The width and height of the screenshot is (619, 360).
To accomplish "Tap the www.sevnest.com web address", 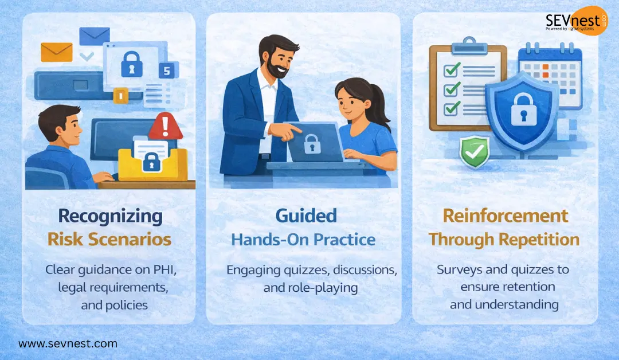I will pyautogui.click(x=68, y=344).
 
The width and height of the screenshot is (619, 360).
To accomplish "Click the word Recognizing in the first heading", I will pyautogui.click(x=111, y=216).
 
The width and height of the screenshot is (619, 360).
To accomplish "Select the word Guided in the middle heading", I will pyautogui.click(x=306, y=216).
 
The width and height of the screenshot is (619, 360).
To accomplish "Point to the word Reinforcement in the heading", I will pyautogui.click(x=504, y=216).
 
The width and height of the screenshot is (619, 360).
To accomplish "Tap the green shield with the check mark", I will pyautogui.click(x=475, y=151).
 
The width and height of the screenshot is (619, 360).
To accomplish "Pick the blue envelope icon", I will pyautogui.click(x=95, y=36).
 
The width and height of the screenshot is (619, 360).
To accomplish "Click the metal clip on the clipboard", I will pyautogui.click(x=469, y=44).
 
